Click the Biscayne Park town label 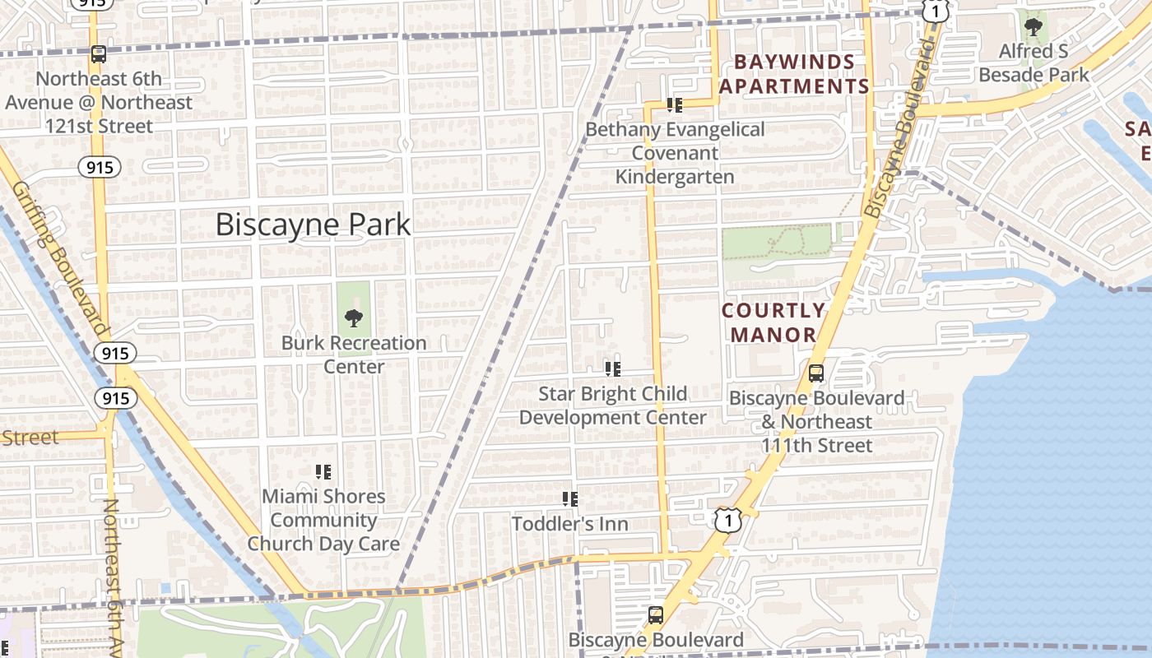(x=313, y=225)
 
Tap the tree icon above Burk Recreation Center (x=354, y=317)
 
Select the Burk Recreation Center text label (x=354, y=354)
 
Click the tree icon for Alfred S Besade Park (x=1034, y=26)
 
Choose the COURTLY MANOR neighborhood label (x=773, y=322)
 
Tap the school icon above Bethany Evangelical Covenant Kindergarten (x=675, y=105)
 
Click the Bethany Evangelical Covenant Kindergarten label (x=675, y=153)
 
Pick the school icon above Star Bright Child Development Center (x=612, y=369)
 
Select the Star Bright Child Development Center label (x=612, y=405)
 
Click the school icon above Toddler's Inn (x=569, y=499)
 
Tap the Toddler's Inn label (x=569, y=524)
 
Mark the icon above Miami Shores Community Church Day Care (x=323, y=472)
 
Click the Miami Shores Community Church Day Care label (x=323, y=520)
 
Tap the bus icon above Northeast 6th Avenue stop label (x=99, y=54)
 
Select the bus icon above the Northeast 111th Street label (x=816, y=373)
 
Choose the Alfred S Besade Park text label (x=1034, y=63)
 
